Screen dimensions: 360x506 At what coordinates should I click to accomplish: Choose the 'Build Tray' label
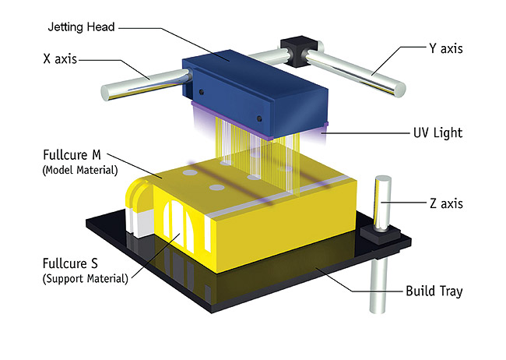point(434,292)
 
